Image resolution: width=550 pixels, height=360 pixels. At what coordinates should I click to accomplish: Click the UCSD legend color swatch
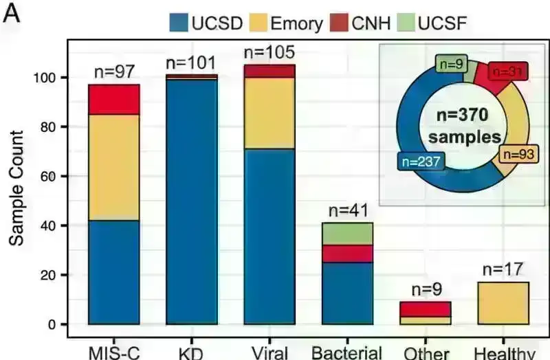[181, 23]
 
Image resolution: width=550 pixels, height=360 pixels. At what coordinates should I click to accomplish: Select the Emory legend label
[296, 24]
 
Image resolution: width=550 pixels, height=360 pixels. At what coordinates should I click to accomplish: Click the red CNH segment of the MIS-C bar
[114, 99]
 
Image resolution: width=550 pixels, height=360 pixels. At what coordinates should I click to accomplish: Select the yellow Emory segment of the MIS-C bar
[114, 167]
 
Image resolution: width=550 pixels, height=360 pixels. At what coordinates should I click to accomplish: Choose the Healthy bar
[504, 302]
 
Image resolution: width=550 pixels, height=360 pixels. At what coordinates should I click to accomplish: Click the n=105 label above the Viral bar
[269, 53]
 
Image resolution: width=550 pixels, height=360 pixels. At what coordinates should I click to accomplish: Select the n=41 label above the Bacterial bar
[348, 210]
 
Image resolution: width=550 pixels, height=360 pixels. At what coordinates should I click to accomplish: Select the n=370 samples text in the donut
[463, 125]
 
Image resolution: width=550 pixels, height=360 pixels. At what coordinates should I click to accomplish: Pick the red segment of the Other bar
[426, 308]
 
